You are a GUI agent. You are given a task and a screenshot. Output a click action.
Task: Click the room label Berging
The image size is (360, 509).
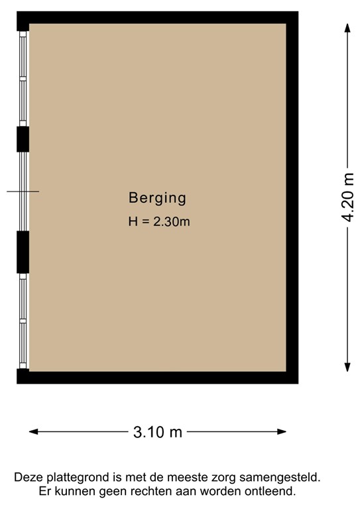coord(157,197)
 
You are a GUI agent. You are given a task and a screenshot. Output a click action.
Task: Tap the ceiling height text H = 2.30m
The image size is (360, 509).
coord(159,222)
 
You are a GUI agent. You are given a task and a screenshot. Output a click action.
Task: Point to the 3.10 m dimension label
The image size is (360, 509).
coord(157,432)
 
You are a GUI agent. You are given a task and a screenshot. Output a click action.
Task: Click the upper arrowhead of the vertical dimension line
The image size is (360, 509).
coord(347,27)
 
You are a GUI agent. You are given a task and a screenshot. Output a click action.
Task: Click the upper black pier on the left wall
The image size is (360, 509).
coord(23,139)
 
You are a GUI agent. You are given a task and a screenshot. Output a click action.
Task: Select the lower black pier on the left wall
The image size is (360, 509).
coord(23,252)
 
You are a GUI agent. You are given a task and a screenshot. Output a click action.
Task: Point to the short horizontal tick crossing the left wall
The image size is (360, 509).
coord(23,192)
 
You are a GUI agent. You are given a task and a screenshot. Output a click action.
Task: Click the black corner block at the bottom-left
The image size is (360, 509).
coord(23,376)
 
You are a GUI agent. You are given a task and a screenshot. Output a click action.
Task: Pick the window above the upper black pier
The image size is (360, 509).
coord(23,78)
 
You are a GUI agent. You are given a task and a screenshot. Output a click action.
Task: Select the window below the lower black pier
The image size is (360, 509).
coord(23,321)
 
